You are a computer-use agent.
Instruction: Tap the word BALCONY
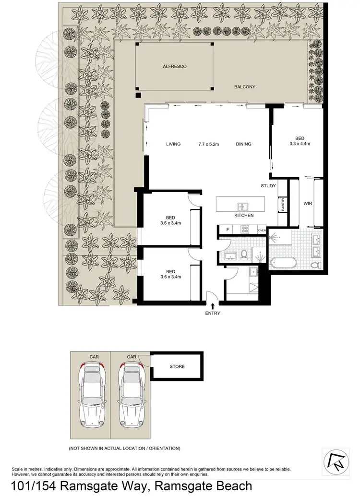pyautogui.click(x=244, y=87)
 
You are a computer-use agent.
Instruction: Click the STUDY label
pyautogui.click(x=268, y=186)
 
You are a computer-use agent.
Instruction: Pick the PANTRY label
pyautogui.click(x=284, y=205)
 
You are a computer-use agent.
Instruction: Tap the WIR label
pyautogui.click(x=308, y=204)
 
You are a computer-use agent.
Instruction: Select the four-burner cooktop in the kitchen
pyautogui.click(x=244, y=230)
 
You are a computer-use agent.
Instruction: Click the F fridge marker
pyautogui.click(x=227, y=230)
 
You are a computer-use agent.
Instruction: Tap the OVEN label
pyautogui.click(x=262, y=231)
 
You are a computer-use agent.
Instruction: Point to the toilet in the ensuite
pyautogui.click(x=315, y=264)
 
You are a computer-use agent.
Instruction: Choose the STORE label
pyautogui.click(x=177, y=367)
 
